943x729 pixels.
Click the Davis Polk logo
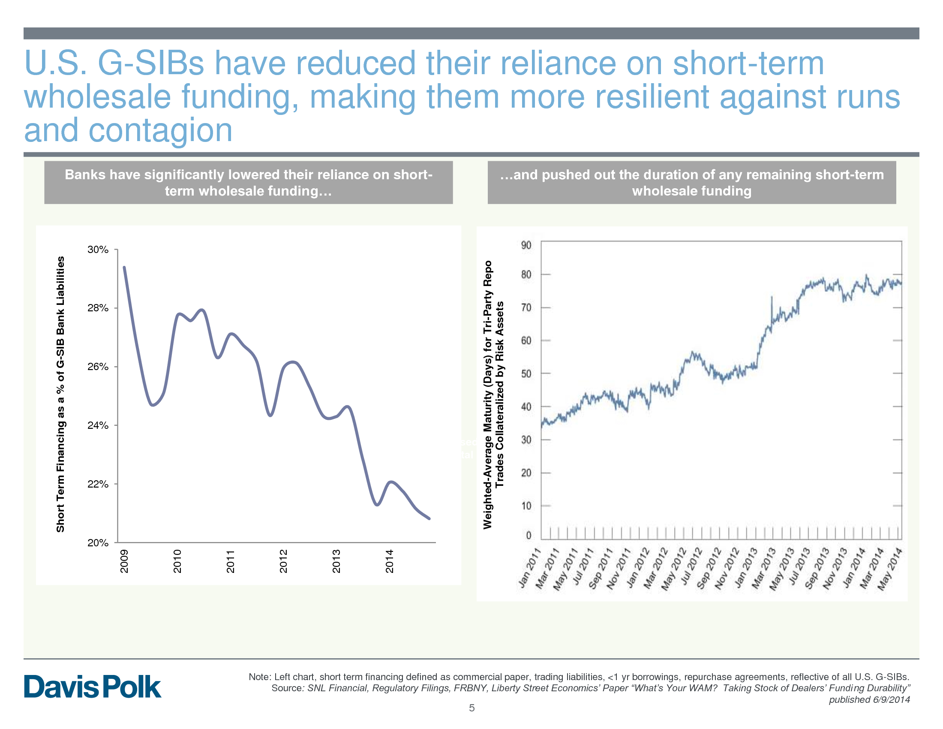pyautogui.click(x=93, y=687)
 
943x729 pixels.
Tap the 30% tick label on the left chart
pyautogui.click(x=98, y=250)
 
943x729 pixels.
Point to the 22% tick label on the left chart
pyautogui.click(x=98, y=484)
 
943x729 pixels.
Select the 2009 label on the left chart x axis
pyautogui.click(x=124, y=561)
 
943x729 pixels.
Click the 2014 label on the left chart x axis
pyautogui.click(x=390, y=561)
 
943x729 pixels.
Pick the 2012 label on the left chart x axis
pyautogui.click(x=283, y=561)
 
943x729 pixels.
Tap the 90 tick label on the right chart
pyautogui.click(x=526, y=245)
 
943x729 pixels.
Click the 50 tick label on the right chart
pyautogui.click(x=526, y=374)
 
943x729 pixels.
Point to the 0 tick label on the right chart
pyautogui.click(x=529, y=536)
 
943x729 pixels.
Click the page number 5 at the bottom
pyautogui.click(x=471, y=708)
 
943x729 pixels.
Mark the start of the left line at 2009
pyautogui.click(x=124, y=267)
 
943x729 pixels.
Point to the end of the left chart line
pyautogui.click(x=429, y=519)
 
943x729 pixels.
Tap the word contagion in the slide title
pyautogui.click(x=160, y=130)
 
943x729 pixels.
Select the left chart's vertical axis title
pyautogui.click(x=60, y=394)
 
